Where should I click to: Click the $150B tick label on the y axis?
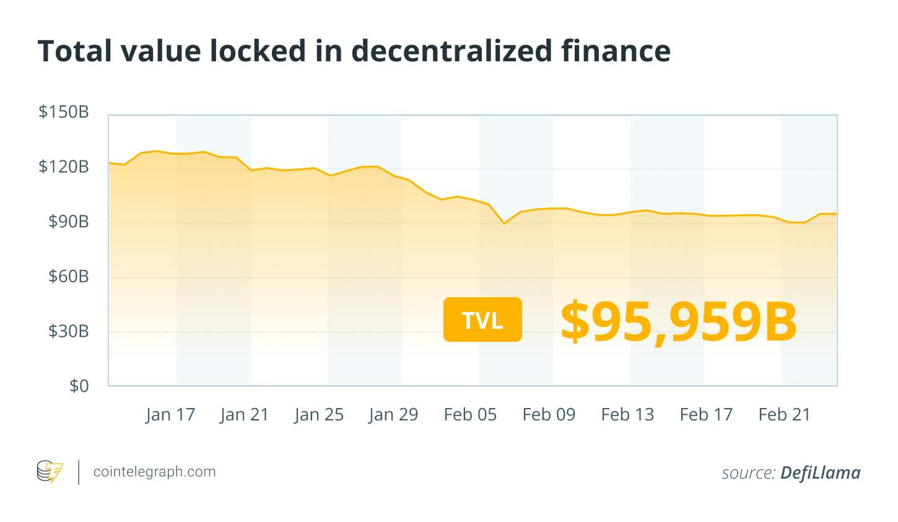click(64, 112)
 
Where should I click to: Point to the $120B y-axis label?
click(64, 167)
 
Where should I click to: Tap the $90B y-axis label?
click(69, 221)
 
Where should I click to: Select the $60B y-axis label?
click(69, 276)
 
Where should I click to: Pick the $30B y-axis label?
click(69, 331)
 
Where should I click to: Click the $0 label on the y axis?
click(79, 386)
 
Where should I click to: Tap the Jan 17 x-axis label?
click(170, 415)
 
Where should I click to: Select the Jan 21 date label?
click(245, 415)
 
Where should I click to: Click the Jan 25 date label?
click(319, 415)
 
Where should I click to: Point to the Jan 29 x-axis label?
click(393, 415)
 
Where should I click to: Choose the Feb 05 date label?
click(470, 415)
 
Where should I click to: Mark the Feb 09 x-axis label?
click(549, 415)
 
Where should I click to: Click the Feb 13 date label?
click(627, 415)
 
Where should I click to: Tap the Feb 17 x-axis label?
click(706, 415)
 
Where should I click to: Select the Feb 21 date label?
click(785, 415)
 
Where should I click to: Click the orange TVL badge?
click(482, 320)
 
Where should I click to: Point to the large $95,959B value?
click(679, 322)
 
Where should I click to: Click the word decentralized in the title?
click(451, 51)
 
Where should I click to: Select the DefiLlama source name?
click(820, 473)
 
